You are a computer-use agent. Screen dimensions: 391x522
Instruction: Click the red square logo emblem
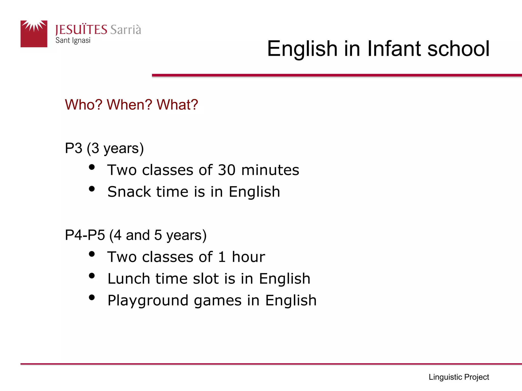34,34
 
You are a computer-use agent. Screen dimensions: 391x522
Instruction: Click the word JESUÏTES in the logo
81,30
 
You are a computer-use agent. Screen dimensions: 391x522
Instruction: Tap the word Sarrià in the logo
126,30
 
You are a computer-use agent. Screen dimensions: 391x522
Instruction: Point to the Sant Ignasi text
73,40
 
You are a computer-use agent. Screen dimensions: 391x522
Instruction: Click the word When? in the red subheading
129,105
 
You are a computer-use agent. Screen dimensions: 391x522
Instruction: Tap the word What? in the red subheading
177,105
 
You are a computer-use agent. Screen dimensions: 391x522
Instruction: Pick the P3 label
74,148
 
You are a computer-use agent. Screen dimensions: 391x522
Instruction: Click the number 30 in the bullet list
227,170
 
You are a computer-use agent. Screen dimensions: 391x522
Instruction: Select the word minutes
270,170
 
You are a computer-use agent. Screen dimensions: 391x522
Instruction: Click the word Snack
129,192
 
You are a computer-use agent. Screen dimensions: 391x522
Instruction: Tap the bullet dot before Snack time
92,189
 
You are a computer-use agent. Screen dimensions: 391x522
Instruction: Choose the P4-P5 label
85,235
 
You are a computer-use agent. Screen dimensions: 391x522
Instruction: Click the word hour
248,257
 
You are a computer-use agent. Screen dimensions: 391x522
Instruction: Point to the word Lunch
129,278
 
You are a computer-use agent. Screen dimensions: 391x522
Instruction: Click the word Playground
148,301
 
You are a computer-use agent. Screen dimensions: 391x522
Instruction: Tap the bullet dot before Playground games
92,297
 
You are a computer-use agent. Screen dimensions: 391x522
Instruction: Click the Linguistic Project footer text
459,377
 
